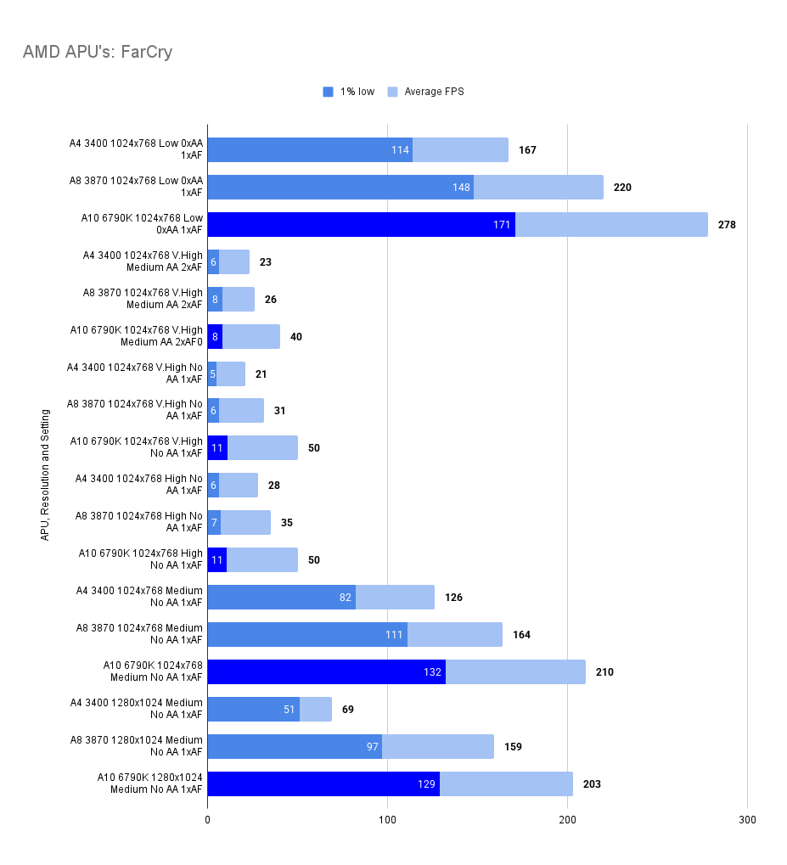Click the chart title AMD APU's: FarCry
point(97,53)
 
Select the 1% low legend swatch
point(329,92)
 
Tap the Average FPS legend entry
point(434,92)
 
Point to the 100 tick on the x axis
point(387,820)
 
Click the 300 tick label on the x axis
point(747,820)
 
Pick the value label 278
point(727,225)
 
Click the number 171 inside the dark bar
point(502,225)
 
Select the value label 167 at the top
point(527,150)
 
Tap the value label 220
point(622,188)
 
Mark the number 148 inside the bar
point(461,188)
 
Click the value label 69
point(348,709)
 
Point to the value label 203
point(592,784)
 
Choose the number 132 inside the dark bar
point(432,672)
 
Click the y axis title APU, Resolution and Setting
point(45,475)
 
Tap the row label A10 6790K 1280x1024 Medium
point(150,778)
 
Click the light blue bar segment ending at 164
point(454,635)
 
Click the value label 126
point(453,598)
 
